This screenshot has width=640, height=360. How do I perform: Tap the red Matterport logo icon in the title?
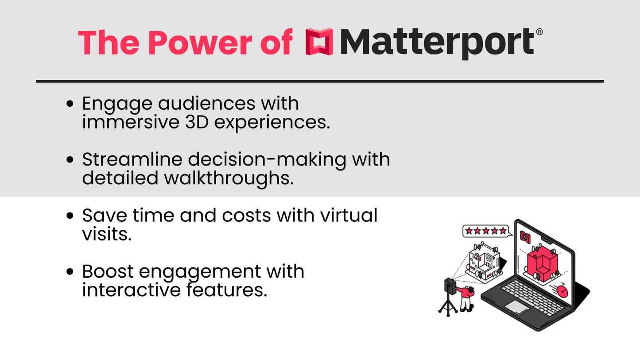319,42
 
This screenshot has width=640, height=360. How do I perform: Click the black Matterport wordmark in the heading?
437,43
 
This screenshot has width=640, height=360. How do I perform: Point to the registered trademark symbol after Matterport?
539,32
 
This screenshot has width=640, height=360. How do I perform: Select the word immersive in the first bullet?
131,122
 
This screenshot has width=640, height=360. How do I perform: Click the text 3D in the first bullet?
197,122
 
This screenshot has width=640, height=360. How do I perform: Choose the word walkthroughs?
229,178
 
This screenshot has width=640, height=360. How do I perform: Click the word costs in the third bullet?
246,215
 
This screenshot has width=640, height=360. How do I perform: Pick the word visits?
107,234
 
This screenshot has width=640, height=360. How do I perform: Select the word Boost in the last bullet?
108,271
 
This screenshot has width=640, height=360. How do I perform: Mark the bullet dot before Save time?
70,216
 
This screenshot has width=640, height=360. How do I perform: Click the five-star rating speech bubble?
487,231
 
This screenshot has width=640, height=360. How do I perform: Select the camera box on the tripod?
450,286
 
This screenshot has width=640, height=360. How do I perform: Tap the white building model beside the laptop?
484,263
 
